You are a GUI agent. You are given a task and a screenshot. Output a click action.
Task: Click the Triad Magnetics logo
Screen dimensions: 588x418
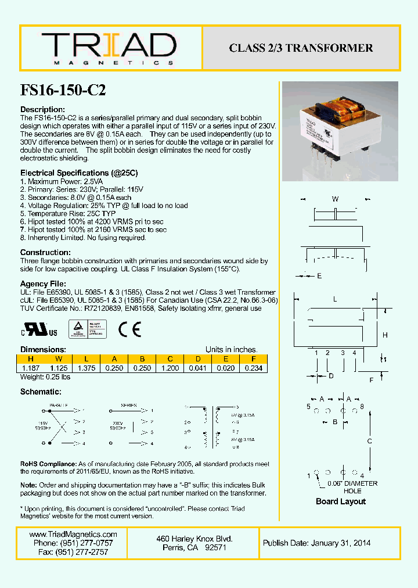tap(108, 48)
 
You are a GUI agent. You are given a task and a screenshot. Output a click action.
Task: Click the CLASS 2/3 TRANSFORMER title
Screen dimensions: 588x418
tap(301, 48)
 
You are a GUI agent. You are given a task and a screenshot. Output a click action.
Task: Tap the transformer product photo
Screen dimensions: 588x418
tap(340, 131)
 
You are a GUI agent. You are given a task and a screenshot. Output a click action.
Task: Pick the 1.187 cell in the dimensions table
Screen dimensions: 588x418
tap(31, 368)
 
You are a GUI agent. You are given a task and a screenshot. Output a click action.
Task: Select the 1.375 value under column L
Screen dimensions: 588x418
tap(87, 368)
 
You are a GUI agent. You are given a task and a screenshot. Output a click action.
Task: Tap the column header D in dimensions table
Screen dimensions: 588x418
tap(198, 358)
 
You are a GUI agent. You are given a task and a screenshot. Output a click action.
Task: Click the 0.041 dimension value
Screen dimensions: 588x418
tap(198, 368)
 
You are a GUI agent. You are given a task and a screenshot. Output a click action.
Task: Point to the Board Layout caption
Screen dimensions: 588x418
tap(341, 501)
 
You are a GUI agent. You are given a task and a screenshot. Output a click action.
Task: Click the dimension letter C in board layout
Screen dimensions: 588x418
tap(370, 441)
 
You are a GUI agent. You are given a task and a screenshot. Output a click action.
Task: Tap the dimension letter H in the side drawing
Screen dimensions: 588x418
tap(385, 335)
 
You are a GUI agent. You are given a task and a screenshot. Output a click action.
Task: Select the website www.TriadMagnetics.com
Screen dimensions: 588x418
tap(73, 535)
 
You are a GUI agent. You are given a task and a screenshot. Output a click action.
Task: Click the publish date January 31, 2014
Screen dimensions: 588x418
tap(316, 543)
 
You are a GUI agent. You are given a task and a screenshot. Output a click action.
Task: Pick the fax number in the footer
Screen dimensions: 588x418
tap(73, 552)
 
